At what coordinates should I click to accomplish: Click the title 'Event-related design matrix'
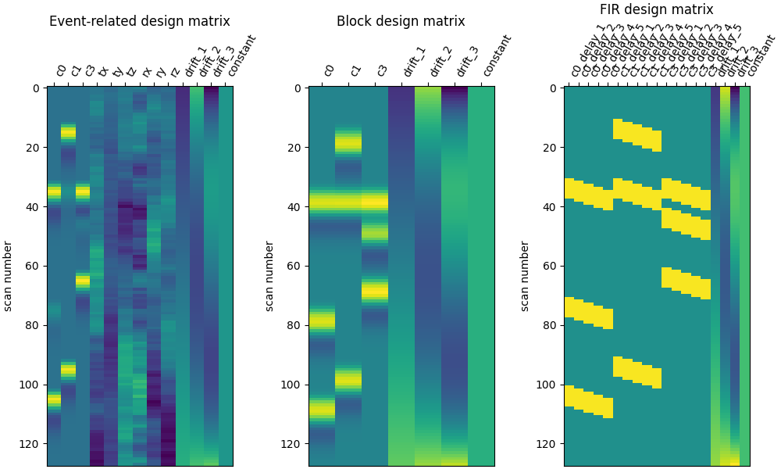click(x=140, y=21)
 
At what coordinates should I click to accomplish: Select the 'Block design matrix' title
click(x=401, y=21)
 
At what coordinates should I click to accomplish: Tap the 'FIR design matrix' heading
click(x=656, y=9)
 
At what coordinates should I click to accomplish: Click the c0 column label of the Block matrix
click(x=328, y=70)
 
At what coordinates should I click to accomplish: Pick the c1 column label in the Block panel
click(x=355, y=70)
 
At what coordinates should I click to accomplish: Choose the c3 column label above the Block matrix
click(x=381, y=70)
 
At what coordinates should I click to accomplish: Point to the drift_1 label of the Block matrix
click(x=413, y=62)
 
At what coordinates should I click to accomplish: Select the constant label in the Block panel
click(x=496, y=55)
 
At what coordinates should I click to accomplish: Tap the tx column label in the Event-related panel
click(x=103, y=71)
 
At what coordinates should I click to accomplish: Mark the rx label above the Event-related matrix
click(x=146, y=71)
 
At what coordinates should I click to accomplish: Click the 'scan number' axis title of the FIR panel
click(x=526, y=276)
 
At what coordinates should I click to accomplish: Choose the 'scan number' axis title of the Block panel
click(x=269, y=276)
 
